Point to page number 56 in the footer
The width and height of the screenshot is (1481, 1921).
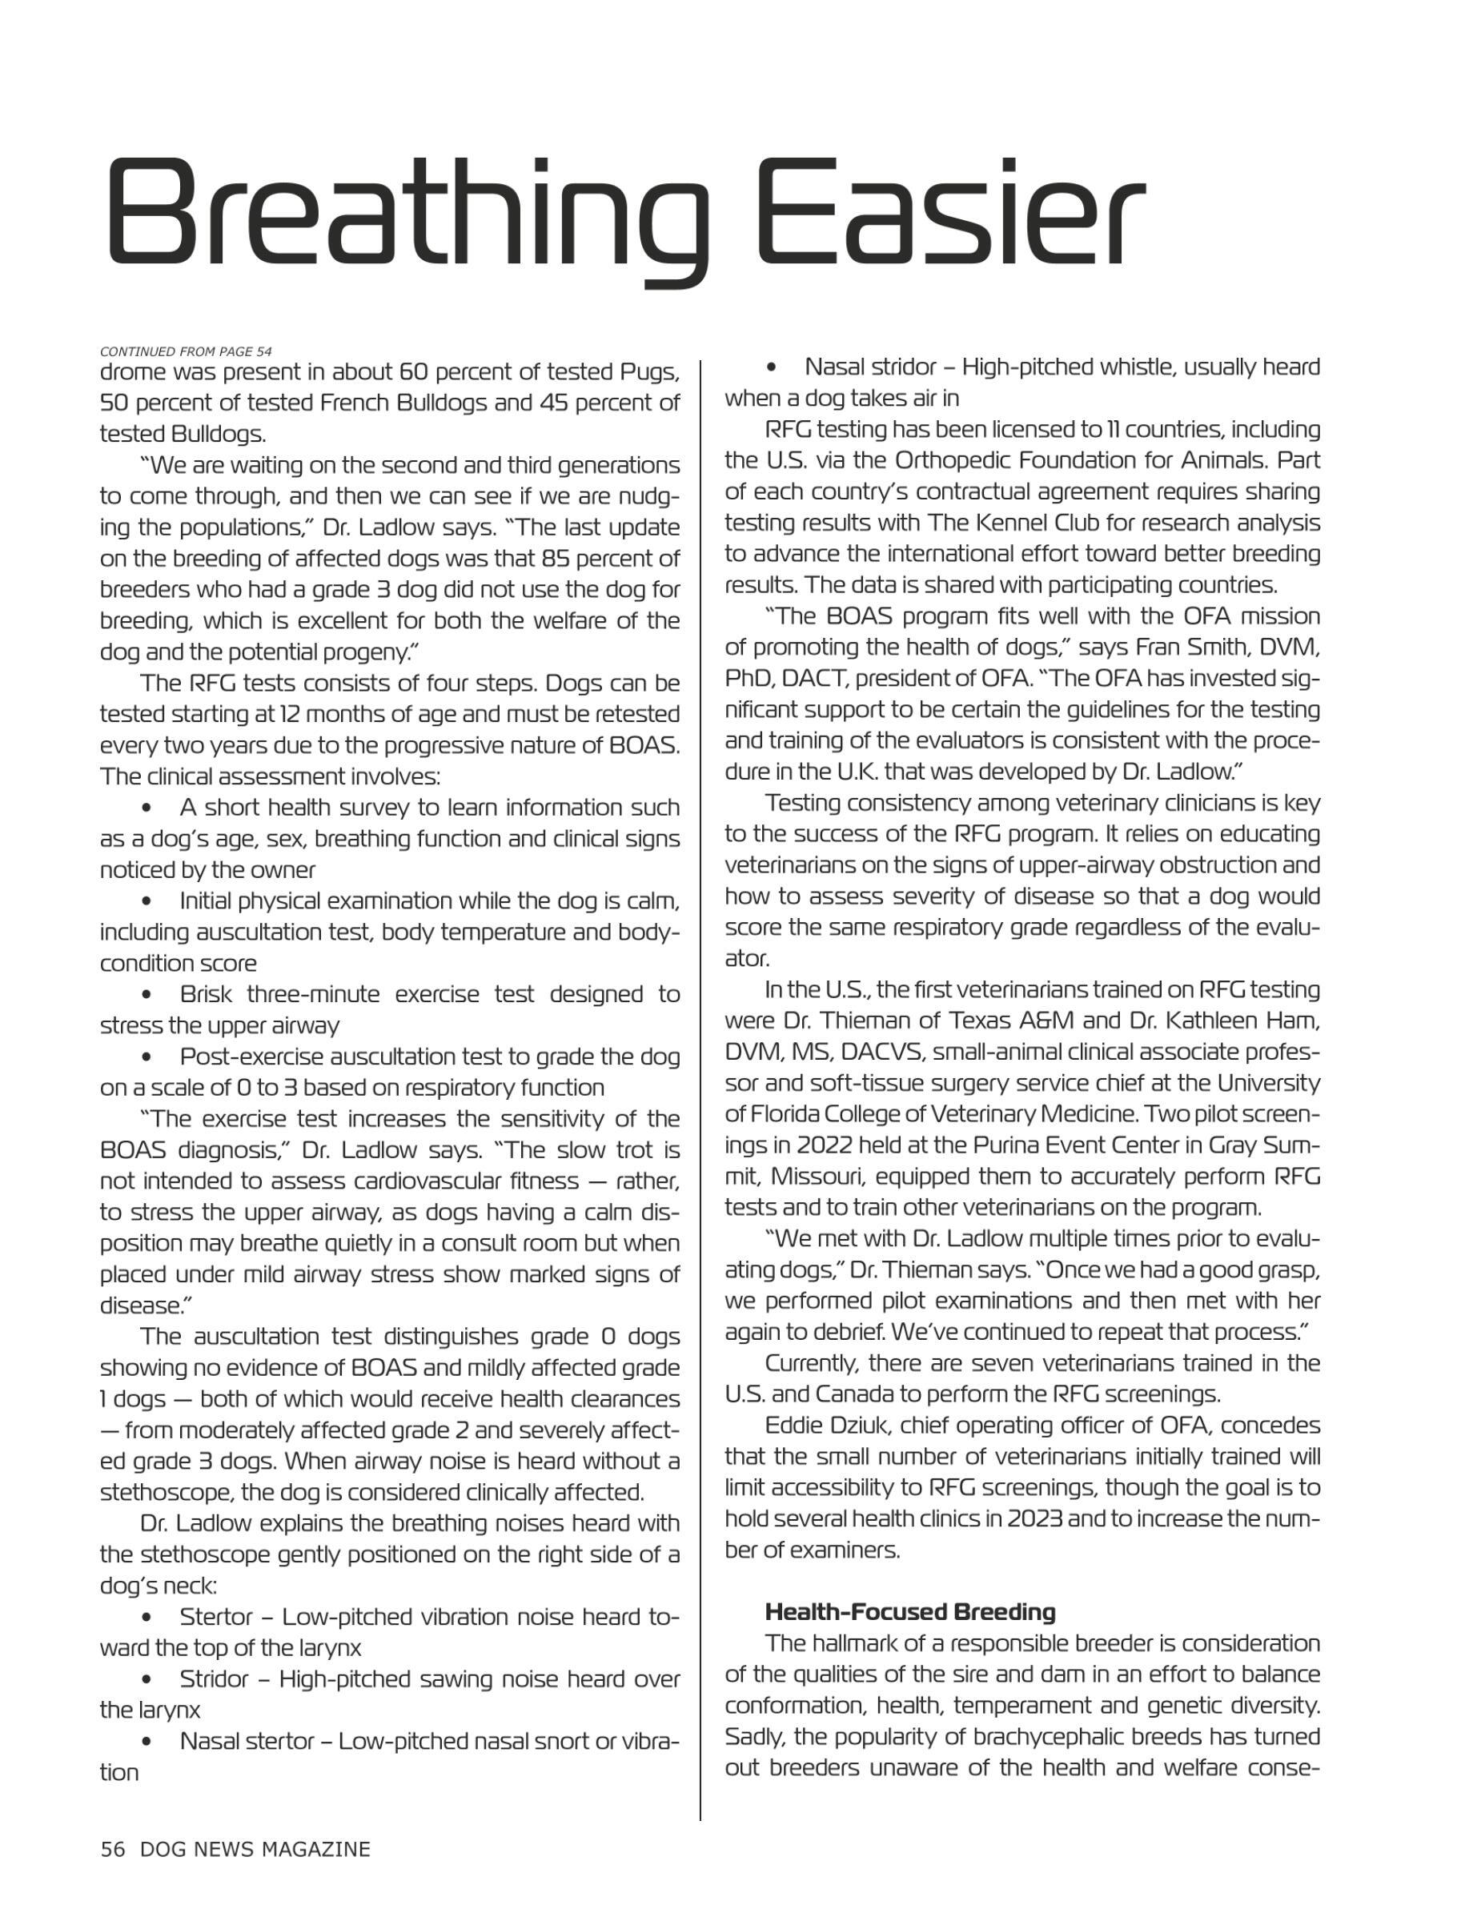[113, 1849]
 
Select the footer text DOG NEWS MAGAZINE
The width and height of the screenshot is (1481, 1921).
[255, 1849]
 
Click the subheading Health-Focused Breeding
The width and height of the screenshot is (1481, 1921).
[910, 1611]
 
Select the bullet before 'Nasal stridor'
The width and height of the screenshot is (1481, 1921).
[773, 367]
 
